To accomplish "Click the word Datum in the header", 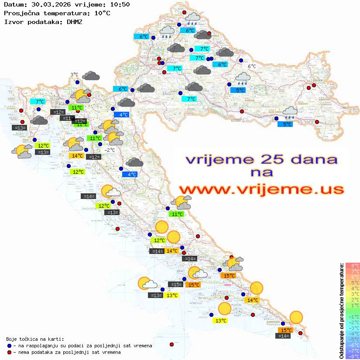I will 13,5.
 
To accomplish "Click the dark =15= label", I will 175,285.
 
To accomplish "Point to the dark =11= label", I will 67,118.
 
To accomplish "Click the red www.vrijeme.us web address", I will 261,189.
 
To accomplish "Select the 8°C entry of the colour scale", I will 353,265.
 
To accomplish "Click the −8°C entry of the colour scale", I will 353,356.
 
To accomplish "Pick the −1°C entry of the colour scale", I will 353,316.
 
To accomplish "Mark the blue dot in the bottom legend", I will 9,346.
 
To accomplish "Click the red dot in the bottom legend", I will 9,352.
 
